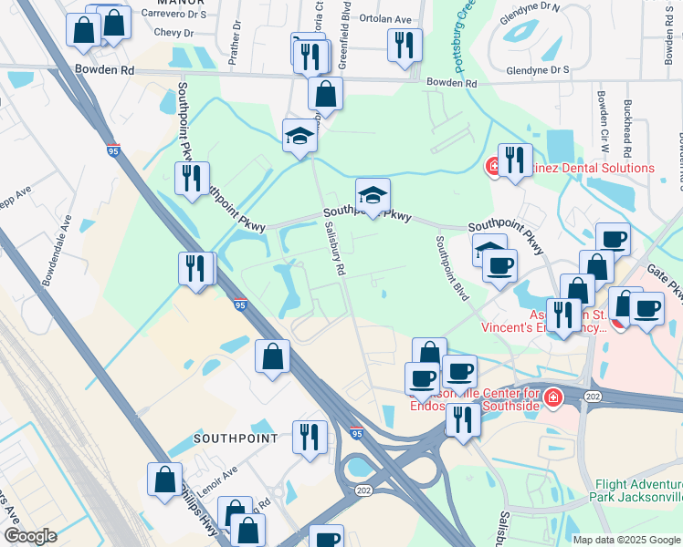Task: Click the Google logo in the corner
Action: pos(29,536)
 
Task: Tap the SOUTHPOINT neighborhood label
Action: pos(236,439)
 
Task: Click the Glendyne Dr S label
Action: pos(537,69)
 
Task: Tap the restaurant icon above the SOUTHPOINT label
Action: pos(310,437)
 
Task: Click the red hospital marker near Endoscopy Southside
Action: pos(552,397)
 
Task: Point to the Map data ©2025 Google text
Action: pos(626,539)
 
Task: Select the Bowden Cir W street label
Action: pos(603,119)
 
